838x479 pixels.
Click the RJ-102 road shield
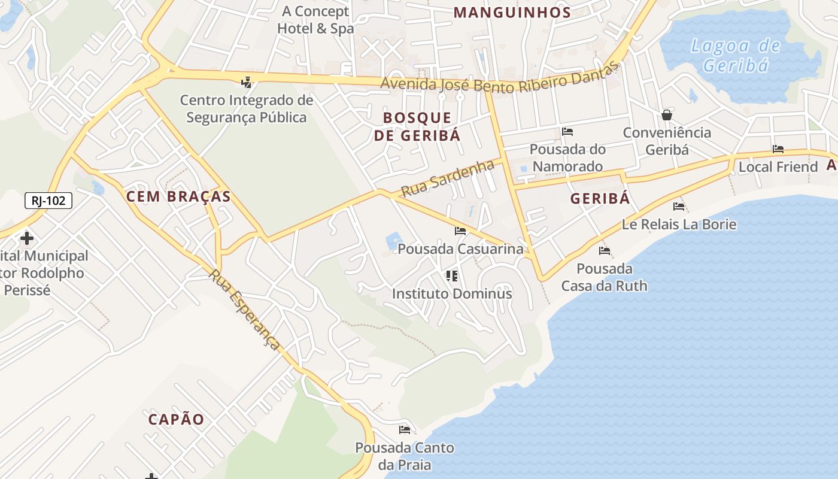(x=48, y=201)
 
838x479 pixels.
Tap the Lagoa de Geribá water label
(x=736, y=55)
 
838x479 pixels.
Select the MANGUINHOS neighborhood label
(x=512, y=13)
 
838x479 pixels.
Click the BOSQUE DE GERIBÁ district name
(x=417, y=126)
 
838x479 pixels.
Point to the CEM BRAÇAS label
(x=178, y=196)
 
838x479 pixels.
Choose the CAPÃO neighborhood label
(x=177, y=419)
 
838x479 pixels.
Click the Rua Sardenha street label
(x=448, y=178)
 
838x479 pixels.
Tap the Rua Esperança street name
(x=245, y=309)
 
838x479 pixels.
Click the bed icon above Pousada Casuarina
(x=460, y=231)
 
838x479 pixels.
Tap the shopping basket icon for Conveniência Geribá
(x=667, y=115)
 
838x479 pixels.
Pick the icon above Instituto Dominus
(x=452, y=275)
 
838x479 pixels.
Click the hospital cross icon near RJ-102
(x=26, y=238)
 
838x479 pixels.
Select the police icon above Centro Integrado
(x=246, y=82)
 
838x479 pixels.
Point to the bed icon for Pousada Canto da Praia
(x=405, y=430)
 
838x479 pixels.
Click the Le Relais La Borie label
(x=679, y=225)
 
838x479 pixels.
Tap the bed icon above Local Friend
(x=778, y=149)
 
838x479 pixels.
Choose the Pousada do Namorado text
(x=567, y=157)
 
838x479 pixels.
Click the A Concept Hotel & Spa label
(x=315, y=20)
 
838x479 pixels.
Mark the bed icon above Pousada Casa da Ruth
(x=605, y=251)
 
